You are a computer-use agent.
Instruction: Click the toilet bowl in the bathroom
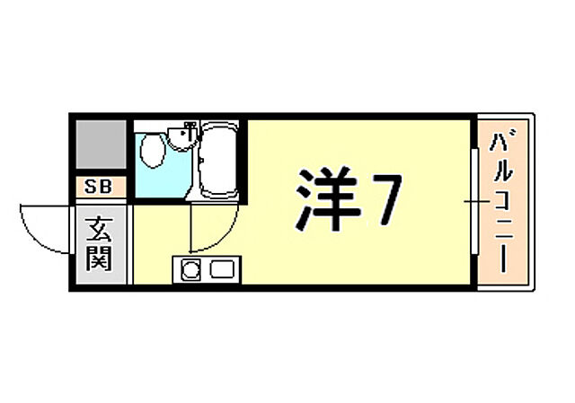pos(151,149)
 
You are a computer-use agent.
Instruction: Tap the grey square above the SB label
pos(99,145)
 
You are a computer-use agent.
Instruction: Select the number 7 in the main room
pos(380,200)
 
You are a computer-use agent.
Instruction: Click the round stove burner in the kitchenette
pos(190,268)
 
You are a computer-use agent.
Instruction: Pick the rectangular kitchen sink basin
pos(221,268)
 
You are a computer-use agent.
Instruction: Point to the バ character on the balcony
pos(505,142)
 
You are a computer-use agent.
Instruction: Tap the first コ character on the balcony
pos(505,201)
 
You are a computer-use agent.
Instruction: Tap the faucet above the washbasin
pos(186,127)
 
